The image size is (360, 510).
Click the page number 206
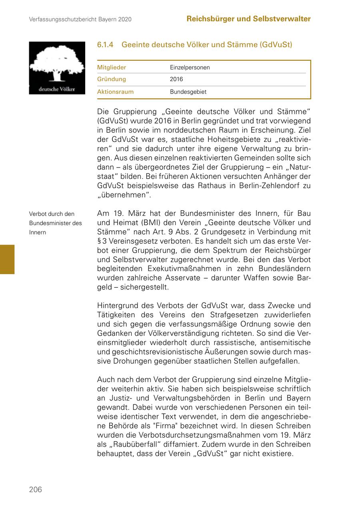point(35,489)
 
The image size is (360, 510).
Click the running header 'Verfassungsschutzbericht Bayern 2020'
point(80,19)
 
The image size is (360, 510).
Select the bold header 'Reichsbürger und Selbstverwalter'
point(248,19)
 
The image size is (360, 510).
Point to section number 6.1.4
point(105,45)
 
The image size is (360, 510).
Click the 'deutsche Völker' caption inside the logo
point(57,89)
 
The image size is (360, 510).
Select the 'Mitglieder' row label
point(112,68)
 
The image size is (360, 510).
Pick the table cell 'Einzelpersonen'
point(190,68)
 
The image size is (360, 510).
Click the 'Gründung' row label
point(112,80)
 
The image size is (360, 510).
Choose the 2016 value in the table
point(176,80)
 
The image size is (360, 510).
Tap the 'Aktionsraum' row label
point(115,92)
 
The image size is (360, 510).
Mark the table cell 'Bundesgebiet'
point(188,92)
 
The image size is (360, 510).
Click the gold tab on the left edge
point(7,259)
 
